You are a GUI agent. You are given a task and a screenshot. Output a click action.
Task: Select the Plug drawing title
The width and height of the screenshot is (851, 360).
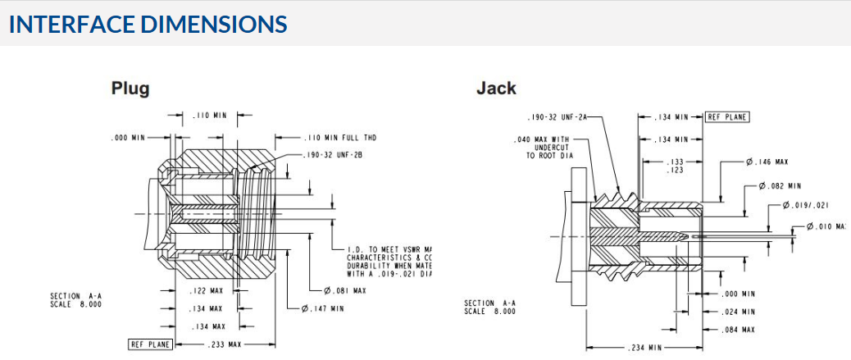click(x=130, y=88)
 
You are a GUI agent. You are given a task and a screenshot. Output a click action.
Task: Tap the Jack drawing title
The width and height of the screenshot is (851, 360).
click(x=496, y=88)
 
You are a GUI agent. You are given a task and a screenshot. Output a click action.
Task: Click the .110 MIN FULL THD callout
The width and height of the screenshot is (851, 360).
click(x=340, y=138)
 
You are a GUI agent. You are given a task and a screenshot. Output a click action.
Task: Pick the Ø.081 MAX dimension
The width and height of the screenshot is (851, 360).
click(x=345, y=290)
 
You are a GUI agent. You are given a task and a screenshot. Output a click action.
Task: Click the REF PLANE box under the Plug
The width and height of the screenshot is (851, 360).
click(x=150, y=344)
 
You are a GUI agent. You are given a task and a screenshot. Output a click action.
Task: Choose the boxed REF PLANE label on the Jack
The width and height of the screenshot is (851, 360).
click(x=727, y=117)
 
